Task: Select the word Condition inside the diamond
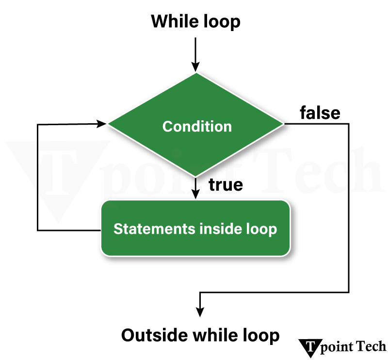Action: click(x=197, y=127)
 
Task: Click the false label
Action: click(x=320, y=113)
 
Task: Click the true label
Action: click(x=225, y=185)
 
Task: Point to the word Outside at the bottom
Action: click(x=154, y=335)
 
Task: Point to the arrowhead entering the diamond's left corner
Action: click(x=102, y=124)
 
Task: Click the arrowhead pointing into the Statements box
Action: click(x=195, y=194)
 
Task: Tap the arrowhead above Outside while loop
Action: click(x=199, y=311)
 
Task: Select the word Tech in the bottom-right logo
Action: click(x=371, y=346)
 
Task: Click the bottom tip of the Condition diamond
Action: click(x=195, y=176)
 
